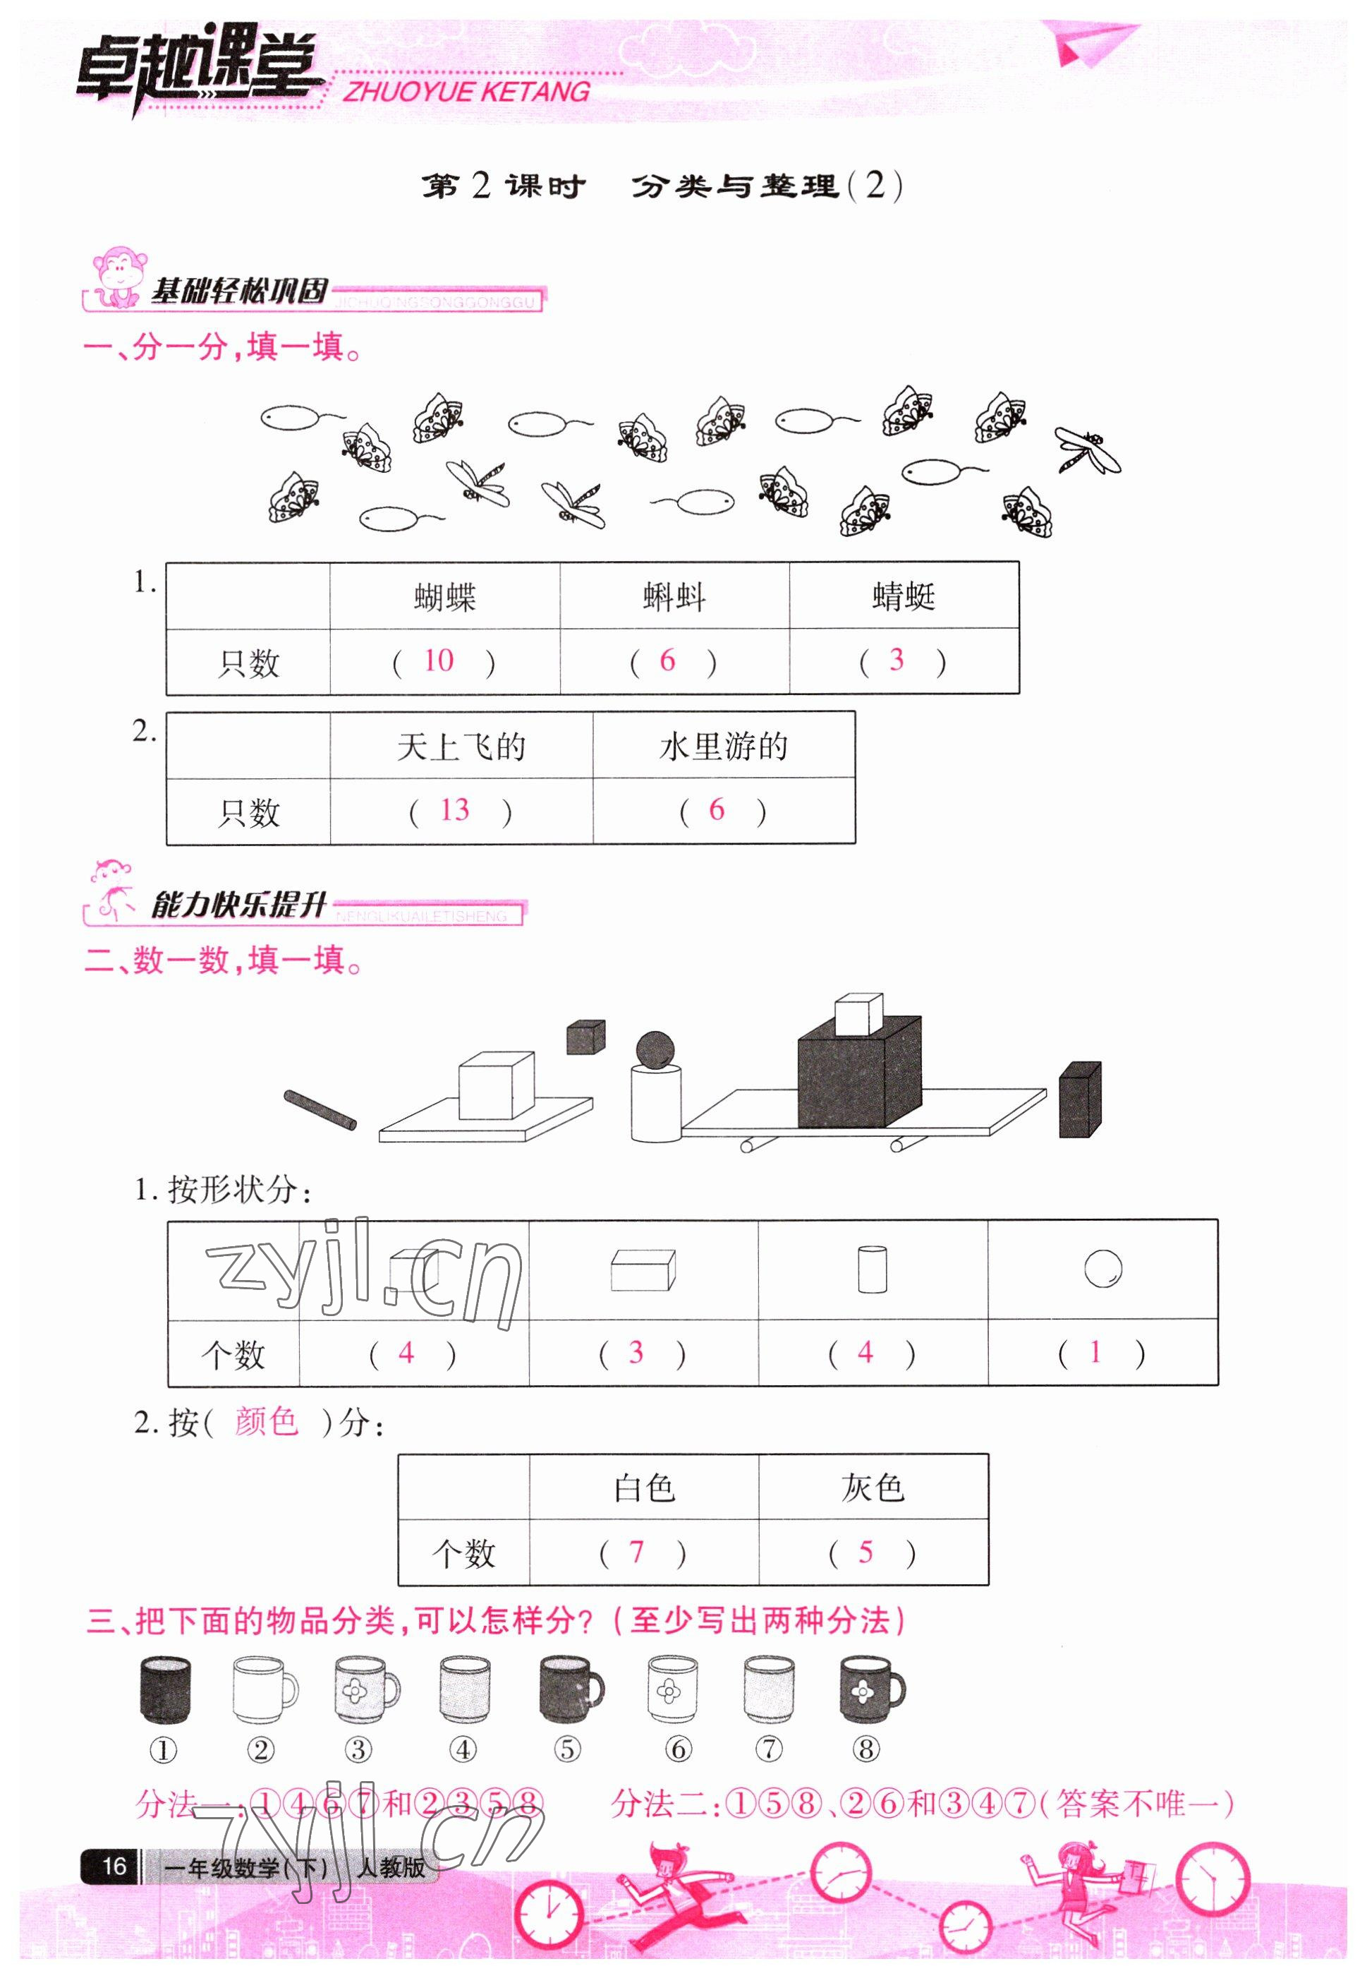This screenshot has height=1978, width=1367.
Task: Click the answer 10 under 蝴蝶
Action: click(x=439, y=661)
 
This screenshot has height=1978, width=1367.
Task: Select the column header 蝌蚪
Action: click(x=674, y=597)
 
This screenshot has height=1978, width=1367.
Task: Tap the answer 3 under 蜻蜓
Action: click(x=896, y=660)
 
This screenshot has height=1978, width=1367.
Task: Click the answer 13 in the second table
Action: click(x=454, y=810)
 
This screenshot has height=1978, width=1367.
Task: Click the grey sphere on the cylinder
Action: click(x=655, y=1050)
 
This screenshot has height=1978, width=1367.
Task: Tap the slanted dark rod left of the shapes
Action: click(x=320, y=1110)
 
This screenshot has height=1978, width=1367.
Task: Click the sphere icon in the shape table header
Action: click(x=1102, y=1269)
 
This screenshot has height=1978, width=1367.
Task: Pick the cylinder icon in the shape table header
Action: click(x=872, y=1269)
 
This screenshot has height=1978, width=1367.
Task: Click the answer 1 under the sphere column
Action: click(x=1095, y=1353)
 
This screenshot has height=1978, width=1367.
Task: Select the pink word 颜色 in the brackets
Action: click(x=267, y=1422)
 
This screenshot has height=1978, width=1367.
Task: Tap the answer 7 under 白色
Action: click(x=636, y=1551)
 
